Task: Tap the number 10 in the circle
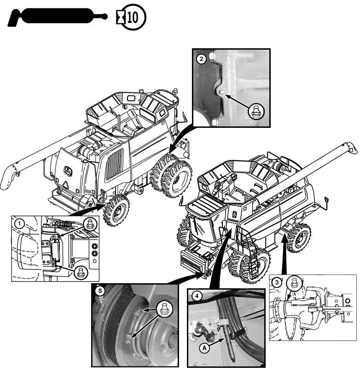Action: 133,17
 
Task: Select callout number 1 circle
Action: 19,223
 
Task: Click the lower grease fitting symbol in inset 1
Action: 81,271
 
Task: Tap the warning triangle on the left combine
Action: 68,183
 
